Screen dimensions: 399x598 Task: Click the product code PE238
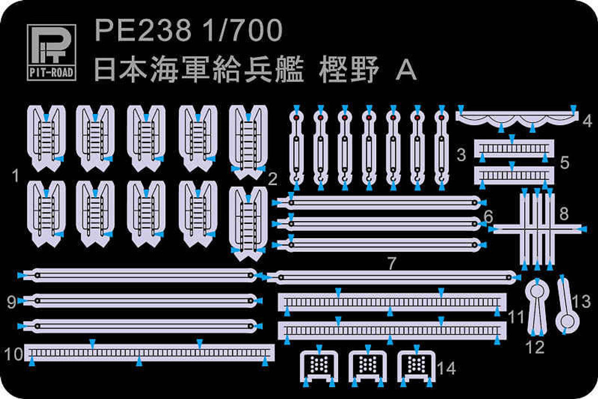tap(143, 31)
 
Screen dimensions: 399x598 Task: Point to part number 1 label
tap(16, 177)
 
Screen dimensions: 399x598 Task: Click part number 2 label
tap(273, 178)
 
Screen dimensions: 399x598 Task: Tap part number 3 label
tap(462, 155)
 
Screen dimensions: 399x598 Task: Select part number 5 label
tap(564, 162)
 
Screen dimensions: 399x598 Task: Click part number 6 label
tap(489, 217)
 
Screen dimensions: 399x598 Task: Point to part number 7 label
tap(392, 263)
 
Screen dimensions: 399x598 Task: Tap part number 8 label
tap(564, 214)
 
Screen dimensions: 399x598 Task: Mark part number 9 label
tap(12, 302)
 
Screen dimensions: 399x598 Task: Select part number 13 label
tap(582, 302)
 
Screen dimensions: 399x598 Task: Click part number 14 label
tap(447, 368)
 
